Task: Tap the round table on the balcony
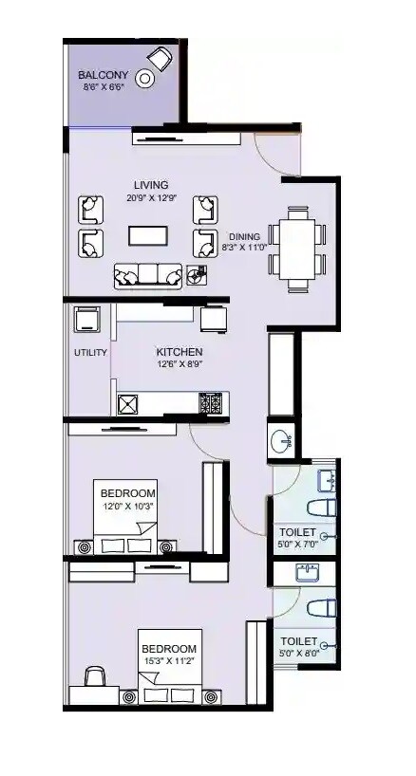tap(146, 80)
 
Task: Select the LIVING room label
tap(151, 185)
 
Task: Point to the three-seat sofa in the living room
tap(147, 276)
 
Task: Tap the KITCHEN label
tap(180, 352)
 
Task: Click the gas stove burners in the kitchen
tap(210, 404)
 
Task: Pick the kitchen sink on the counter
tap(127, 405)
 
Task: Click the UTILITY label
tap(90, 353)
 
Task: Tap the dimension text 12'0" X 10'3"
tap(127, 508)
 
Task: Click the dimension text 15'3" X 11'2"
tap(171, 661)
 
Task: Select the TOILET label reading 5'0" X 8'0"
tap(297, 647)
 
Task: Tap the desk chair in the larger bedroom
tap(95, 677)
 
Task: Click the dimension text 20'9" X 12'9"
tap(151, 198)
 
